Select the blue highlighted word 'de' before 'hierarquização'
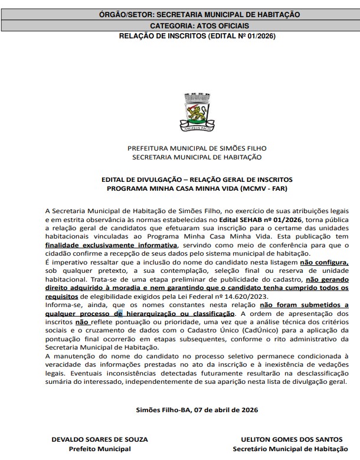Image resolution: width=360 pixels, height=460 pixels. click(x=120, y=314)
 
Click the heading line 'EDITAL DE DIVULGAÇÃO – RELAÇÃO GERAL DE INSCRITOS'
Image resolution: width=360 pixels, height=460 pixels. click(x=197, y=179)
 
